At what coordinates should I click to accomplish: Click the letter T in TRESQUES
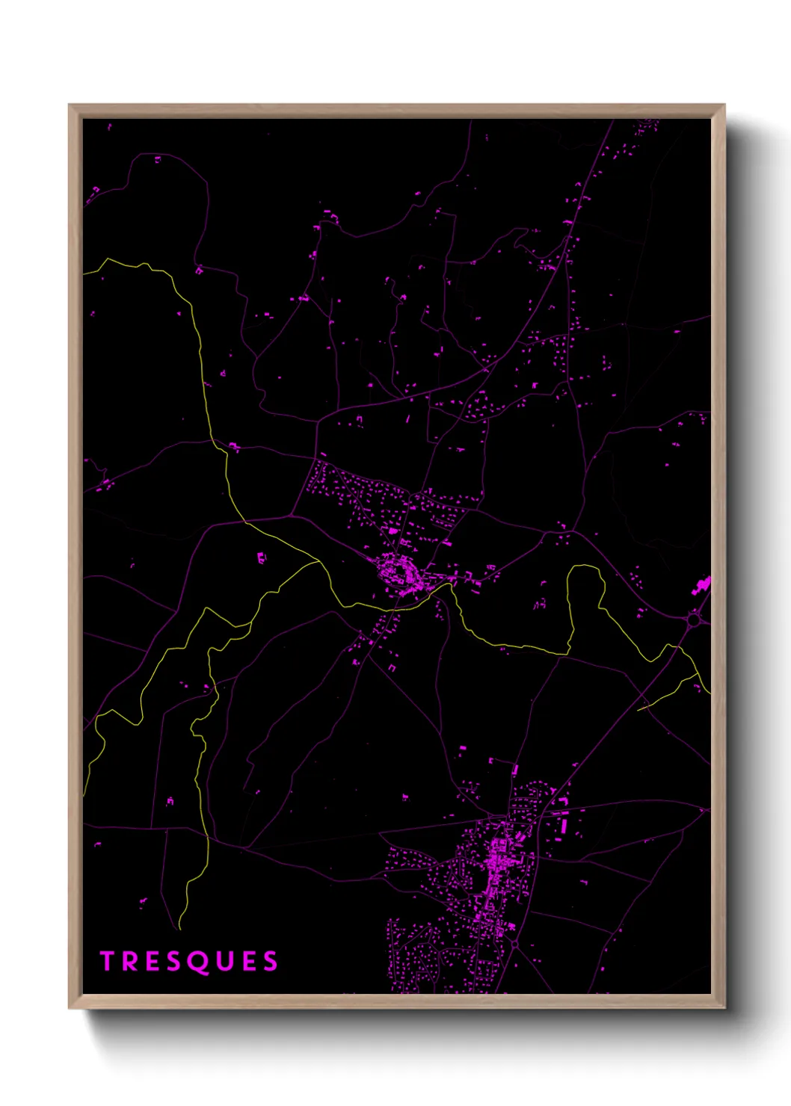[x=107, y=961]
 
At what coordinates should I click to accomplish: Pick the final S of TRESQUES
[x=269, y=961]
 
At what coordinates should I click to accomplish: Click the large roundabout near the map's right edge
[x=694, y=619]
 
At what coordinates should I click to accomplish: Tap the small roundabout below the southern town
[x=515, y=945]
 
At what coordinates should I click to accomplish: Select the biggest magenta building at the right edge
[x=702, y=585]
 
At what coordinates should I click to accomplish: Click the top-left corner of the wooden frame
[x=70, y=105]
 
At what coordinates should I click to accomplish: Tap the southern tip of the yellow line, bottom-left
[x=180, y=929]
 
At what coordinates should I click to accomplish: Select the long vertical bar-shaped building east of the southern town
[x=566, y=825]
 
